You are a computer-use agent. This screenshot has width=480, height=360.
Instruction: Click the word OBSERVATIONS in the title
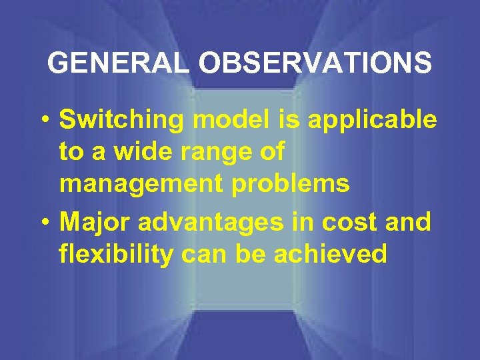315,63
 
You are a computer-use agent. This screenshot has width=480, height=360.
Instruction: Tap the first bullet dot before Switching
43,121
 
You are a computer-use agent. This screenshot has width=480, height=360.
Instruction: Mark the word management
139,185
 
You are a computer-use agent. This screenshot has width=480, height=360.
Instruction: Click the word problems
287,185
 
